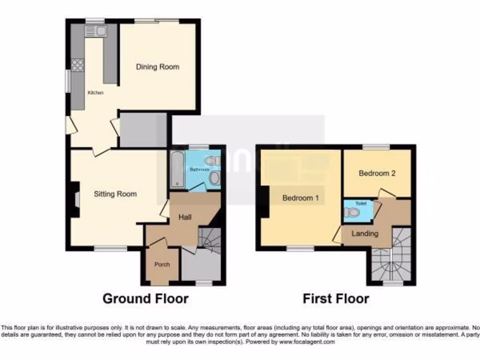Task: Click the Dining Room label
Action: [x=157, y=67]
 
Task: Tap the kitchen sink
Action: [x=96, y=31]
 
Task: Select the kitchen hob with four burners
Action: [x=77, y=65]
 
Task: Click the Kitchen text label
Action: [x=95, y=93]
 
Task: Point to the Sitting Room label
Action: [x=115, y=194]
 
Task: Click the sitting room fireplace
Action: [x=75, y=199]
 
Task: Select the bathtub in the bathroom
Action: [x=177, y=169]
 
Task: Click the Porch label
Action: [x=162, y=265]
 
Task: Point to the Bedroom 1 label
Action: [x=300, y=198]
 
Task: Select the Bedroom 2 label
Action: [x=377, y=173]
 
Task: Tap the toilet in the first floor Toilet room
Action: [x=353, y=213]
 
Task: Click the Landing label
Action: [x=365, y=233]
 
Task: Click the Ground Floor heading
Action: [x=145, y=299]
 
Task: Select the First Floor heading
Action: [x=336, y=299]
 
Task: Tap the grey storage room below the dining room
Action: [x=143, y=130]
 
